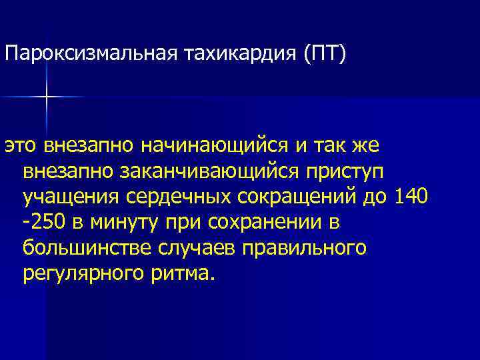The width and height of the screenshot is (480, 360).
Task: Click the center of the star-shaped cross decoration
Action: (x=47, y=97)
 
